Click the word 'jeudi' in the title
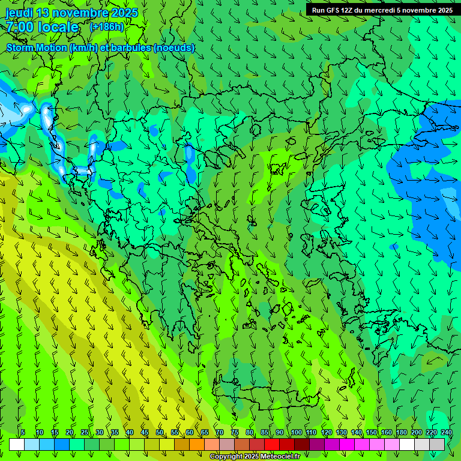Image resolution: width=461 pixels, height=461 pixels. [x=19, y=13]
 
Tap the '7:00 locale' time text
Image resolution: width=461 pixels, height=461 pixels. [x=42, y=27]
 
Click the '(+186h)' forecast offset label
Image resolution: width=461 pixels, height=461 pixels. [x=106, y=27]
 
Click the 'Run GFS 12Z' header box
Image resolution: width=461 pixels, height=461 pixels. [x=382, y=10]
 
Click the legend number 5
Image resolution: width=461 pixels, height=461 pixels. [x=23, y=433]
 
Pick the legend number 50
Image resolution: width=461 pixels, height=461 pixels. [x=160, y=433]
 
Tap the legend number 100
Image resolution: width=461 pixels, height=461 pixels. [x=297, y=433]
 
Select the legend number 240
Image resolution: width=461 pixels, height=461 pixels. [x=447, y=433]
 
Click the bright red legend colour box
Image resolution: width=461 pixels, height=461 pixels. [x=272, y=444]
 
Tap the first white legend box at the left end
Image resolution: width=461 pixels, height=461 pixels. [x=17, y=444]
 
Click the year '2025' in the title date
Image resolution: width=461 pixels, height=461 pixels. [x=124, y=13]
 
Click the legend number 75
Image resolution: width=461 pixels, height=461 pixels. [x=235, y=433]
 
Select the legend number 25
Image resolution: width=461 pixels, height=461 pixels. [x=85, y=433]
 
